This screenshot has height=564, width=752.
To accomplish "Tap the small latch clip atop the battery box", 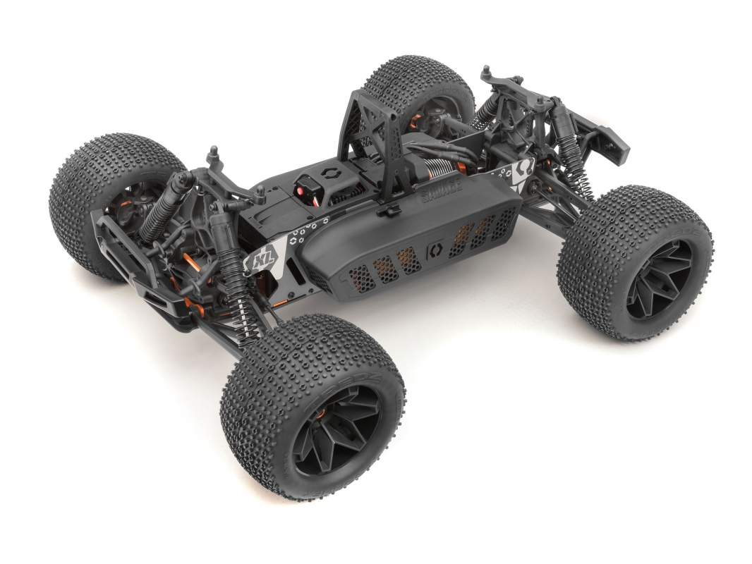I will coord(386,209).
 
